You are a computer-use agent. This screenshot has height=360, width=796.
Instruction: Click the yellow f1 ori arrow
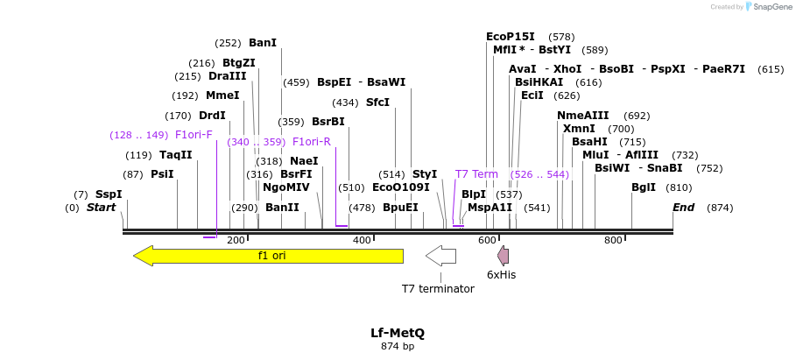(x=268, y=256)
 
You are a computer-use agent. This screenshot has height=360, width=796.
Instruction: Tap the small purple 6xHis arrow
(x=503, y=256)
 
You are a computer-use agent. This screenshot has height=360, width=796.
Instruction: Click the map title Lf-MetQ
(x=397, y=333)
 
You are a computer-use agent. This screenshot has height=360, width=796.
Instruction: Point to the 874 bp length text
(x=397, y=347)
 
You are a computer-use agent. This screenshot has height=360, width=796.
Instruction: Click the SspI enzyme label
(x=109, y=194)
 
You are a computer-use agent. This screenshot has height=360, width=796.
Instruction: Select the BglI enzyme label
(x=644, y=187)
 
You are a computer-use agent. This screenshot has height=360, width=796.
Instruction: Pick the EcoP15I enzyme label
(x=511, y=37)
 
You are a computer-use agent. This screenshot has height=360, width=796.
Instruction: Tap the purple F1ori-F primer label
(x=194, y=135)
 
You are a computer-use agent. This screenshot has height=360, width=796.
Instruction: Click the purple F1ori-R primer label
(x=311, y=142)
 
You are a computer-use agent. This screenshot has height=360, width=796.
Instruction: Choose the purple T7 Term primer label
(x=476, y=174)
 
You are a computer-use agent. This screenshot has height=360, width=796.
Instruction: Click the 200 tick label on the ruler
(x=236, y=240)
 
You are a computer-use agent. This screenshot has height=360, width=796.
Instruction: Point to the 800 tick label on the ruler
(x=613, y=240)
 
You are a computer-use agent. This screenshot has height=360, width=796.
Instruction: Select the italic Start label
(x=101, y=208)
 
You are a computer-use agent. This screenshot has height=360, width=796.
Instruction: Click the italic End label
(x=683, y=208)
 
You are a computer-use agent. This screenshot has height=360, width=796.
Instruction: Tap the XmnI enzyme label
(x=580, y=129)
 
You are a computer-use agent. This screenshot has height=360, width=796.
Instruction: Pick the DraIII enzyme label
(x=228, y=76)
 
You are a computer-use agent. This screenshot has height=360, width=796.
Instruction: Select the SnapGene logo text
(x=770, y=7)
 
